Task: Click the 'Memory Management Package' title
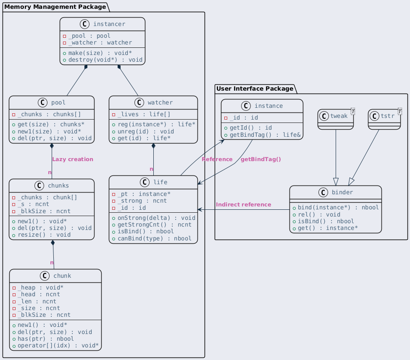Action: point(55,7)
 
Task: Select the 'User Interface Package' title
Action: point(255,89)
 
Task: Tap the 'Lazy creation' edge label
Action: point(73,159)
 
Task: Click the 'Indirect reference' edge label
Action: point(244,205)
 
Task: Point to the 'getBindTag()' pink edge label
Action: point(261,159)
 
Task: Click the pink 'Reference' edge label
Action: point(217,159)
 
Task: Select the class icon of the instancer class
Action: point(84,24)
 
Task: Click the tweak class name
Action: point(339,116)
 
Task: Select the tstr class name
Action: point(387,116)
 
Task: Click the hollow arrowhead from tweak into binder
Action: point(336,182)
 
